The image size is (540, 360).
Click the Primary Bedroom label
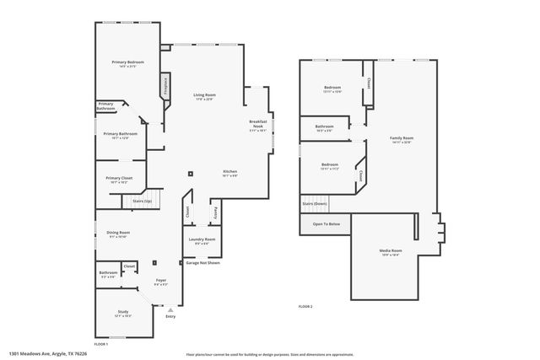[x=129, y=63]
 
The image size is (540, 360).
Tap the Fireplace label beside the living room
[x=166, y=89]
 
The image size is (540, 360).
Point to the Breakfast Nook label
[x=257, y=126]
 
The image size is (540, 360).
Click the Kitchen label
[x=229, y=172]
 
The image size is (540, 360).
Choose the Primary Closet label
[x=118, y=178]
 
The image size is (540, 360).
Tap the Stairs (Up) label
[x=142, y=201]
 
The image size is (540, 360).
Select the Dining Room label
[x=118, y=233]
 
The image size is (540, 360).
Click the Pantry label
[x=216, y=211]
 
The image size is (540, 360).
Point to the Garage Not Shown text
[x=202, y=262]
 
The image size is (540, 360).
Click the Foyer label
[x=160, y=280]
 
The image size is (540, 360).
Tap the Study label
[x=123, y=312]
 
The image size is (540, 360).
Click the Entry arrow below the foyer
[x=170, y=312]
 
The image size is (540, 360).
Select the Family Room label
[x=402, y=138]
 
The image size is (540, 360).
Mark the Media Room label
[x=390, y=251]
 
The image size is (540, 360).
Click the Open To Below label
[x=326, y=223]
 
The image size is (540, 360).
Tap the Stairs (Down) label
[x=314, y=203]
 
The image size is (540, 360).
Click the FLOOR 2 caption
[x=305, y=305]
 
